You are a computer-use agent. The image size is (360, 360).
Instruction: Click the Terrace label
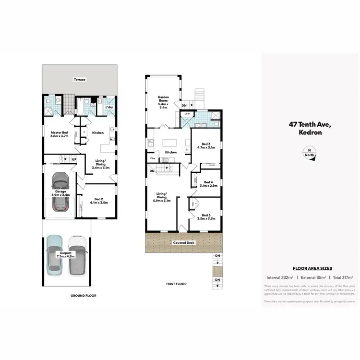(x=80, y=80)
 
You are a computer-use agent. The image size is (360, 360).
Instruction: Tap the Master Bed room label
(x=60, y=134)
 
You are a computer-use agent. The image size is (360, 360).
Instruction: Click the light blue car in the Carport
(x=56, y=255)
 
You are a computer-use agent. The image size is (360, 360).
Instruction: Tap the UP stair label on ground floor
(x=74, y=159)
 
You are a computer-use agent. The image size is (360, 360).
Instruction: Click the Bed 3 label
(x=206, y=146)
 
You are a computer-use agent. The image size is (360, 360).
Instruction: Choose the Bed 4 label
(x=208, y=184)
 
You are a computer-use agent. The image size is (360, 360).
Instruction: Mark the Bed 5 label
(x=206, y=216)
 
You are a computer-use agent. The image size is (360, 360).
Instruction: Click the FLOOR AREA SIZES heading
(x=310, y=269)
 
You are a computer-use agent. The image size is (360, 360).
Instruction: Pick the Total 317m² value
(x=341, y=277)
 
